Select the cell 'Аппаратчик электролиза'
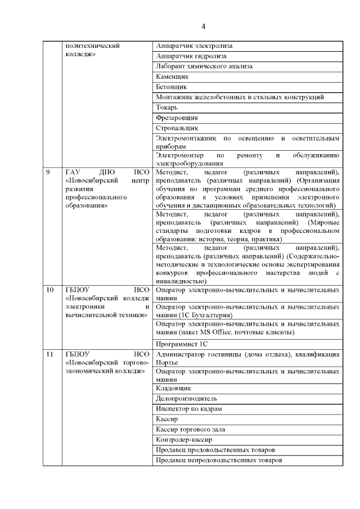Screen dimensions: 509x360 [194, 46]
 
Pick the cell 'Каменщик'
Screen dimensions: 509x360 [172, 76]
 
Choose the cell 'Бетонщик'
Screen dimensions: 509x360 [171, 87]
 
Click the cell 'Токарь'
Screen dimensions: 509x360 [167, 107]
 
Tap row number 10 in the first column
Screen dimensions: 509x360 [51, 290]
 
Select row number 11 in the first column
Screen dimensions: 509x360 [51, 354]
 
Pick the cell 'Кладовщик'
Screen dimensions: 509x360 [173, 388]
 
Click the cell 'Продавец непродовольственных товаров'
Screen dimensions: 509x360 [218, 460]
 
